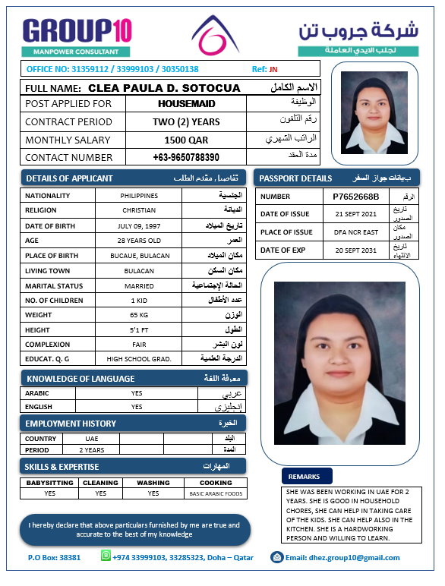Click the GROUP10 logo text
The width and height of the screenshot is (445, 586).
pyautogui.click(x=77, y=30)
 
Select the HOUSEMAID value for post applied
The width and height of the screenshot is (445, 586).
pyautogui.click(x=187, y=103)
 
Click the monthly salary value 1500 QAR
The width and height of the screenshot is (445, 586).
pyautogui.click(x=186, y=140)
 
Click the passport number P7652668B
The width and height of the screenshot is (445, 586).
pyautogui.click(x=355, y=196)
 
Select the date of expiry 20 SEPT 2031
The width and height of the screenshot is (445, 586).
pyautogui.click(x=355, y=250)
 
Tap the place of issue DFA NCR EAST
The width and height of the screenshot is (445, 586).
pyautogui.click(x=355, y=232)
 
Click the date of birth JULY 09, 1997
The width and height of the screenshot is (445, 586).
pyautogui.click(x=139, y=226)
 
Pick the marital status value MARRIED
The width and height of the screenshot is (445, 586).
pyautogui.click(x=139, y=285)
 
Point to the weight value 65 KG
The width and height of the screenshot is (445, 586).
pyautogui.click(x=139, y=314)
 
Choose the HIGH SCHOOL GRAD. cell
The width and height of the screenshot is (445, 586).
pyautogui.click(x=139, y=358)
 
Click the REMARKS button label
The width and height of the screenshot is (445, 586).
pyautogui.click(x=306, y=477)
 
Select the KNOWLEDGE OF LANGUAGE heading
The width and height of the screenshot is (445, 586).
pyautogui.click(x=80, y=378)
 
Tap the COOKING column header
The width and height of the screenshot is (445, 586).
pyautogui.click(x=216, y=483)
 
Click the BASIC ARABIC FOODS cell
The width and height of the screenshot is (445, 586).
pyautogui.click(x=216, y=493)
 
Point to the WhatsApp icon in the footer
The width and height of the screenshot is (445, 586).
pyautogui.click(x=106, y=556)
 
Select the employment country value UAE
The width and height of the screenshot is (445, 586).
pyautogui.click(x=91, y=439)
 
